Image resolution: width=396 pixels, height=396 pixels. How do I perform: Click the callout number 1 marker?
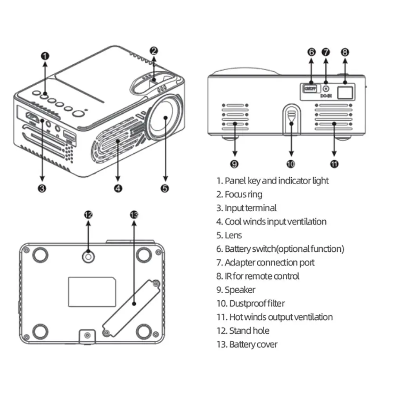click(x=45, y=55)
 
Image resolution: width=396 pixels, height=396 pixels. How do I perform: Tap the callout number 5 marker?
click(x=165, y=189)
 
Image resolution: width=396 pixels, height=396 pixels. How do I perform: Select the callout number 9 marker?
click(x=234, y=164)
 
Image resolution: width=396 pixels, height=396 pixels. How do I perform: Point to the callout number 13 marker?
click(x=134, y=214)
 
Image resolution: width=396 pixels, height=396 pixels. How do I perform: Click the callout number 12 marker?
click(x=88, y=214)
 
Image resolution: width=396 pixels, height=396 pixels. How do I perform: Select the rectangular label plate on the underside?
click(x=92, y=291)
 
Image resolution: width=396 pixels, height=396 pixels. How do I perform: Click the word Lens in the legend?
click(x=233, y=235)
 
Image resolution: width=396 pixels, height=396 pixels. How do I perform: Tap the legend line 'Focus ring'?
click(x=243, y=194)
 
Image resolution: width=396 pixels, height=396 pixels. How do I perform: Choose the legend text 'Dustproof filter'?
click(x=257, y=303)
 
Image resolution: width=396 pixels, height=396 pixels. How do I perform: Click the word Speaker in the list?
click(x=240, y=290)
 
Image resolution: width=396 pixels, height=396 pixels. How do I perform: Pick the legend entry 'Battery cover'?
click(x=253, y=344)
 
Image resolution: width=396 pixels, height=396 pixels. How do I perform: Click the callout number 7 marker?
click(x=325, y=52)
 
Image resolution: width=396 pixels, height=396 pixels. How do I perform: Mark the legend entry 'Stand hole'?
click(x=249, y=331)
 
